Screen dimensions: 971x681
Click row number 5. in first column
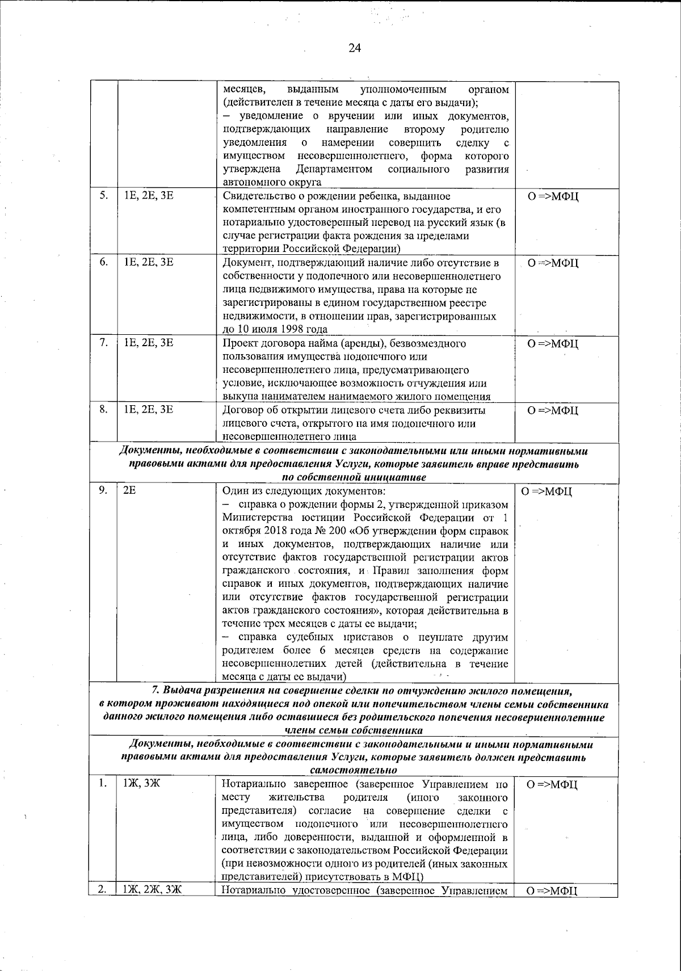click(103, 196)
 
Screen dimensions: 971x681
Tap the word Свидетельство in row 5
click(253, 196)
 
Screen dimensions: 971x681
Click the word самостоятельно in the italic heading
click(354, 770)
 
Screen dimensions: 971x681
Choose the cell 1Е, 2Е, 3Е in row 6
click(148, 262)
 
